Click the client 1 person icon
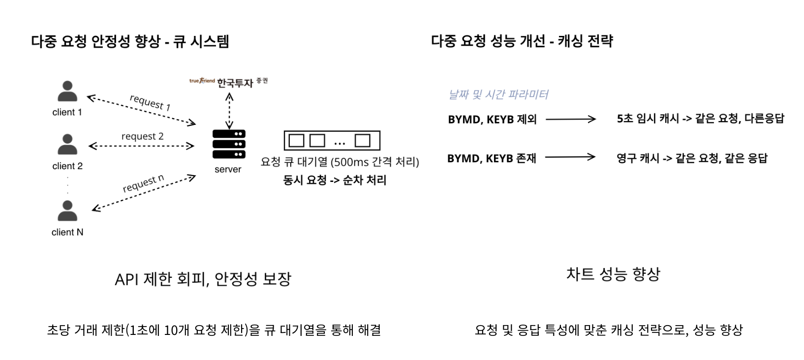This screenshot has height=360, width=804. pyautogui.click(x=67, y=91)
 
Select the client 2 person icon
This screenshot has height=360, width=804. pyautogui.click(x=67, y=145)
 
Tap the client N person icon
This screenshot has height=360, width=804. pyautogui.click(x=67, y=211)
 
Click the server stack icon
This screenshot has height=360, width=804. pyautogui.click(x=229, y=144)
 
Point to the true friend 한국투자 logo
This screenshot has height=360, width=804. pyautogui.click(x=229, y=82)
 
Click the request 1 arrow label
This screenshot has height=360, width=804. pyautogui.click(x=150, y=102)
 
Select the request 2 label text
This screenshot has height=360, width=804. pyautogui.click(x=142, y=136)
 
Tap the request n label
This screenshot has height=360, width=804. pyautogui.click(x=143, y=184)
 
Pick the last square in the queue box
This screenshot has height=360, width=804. pyautogui.click(x=363, y=141)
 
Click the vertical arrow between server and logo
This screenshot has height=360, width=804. pyautogui.click(x=229, y=111)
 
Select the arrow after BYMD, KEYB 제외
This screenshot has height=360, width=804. pyautogui.click(x=571, y=119)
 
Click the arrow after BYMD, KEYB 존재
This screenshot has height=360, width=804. pyautogui.click(x=570, y=157)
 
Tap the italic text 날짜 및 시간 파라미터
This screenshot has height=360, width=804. pyautogui.click(x=498, y=94)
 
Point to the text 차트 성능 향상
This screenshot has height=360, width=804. pyautogui.click(x=613, y=274)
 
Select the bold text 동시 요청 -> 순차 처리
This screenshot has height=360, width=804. pyautogui.click(x=335, y=180)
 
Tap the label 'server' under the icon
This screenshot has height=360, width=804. pyautogui.click(x=228, y=170)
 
